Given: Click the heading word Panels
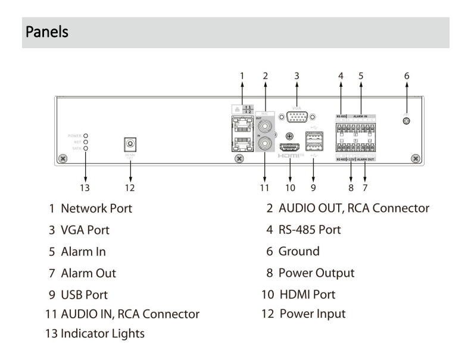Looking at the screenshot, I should [x=46, y=32].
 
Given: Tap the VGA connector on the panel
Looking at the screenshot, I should [x=296, y=118].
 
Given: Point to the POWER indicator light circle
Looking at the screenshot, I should [x=86, y=136].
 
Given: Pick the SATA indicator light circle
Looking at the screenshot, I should [x=86, y=148].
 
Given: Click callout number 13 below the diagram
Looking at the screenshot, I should [x=86, y=188].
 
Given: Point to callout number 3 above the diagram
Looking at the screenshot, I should [x=297, y=76].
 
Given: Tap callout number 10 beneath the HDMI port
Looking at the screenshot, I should [x=289, y=188].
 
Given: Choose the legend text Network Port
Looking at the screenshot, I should [x=96, y=208].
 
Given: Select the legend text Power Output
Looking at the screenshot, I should [x=316, y=273].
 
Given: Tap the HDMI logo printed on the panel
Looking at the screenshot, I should [x=291, y=155].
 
